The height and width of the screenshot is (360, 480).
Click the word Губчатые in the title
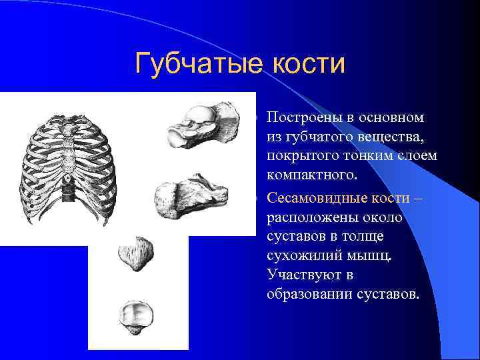click(193, 65)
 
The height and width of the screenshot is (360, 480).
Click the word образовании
click(306, 294)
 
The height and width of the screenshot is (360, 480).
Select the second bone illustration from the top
click(191, 193)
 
